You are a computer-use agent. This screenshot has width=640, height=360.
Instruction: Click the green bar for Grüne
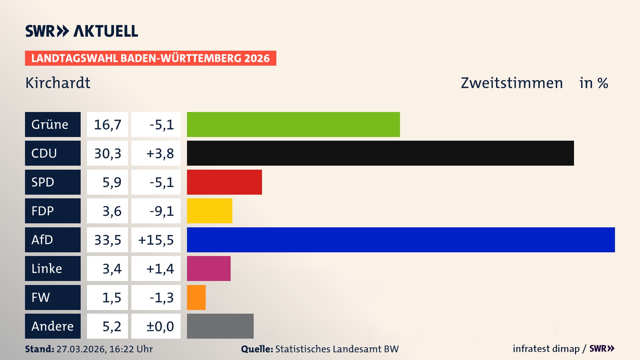pyautogui.click(x=293, y=124)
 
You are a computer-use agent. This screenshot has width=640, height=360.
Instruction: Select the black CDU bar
pyautogui.click(x=380, y=153)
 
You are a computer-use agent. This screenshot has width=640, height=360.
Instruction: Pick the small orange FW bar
pyautogui.click(x=196, y=297)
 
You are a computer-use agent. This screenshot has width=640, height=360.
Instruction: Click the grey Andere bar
pyautogui.click(x=220, y=326)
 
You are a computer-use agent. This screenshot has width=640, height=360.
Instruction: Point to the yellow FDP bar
pyautogui.click(x=209, y=211)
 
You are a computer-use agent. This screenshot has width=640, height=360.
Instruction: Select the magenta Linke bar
pyautogui.click(x=209, y=268)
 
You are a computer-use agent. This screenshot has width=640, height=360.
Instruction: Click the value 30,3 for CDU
pyautogui.click(x=107, y=153)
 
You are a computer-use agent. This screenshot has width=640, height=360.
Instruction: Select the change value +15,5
pyautogui.click(x=156, y=240)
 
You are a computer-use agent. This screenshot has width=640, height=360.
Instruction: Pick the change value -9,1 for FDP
pyautogui.click(x=161, y=211)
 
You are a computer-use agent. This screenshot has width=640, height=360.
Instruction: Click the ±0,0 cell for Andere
pyautogui.click(x=160, y=326)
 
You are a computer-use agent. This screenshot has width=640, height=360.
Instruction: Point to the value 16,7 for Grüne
pyautogui.click(x=107, y=124)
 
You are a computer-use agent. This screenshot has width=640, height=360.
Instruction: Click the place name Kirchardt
pyautogui.click(x=58, y=83)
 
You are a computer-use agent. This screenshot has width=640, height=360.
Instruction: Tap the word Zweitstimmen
pyautogui.click(x=512, y=83)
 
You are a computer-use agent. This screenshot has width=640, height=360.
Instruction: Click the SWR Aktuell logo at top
pyautogui.click(x=81, y=31)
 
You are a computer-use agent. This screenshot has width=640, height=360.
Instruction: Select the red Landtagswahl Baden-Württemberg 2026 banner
pyautogui.click(x=150, y=58)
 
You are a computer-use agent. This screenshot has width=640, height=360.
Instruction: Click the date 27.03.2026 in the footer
pyautogui.click(x=81, y=349)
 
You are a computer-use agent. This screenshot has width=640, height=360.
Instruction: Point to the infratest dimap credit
pyautogui.click(x=546, y=349)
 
